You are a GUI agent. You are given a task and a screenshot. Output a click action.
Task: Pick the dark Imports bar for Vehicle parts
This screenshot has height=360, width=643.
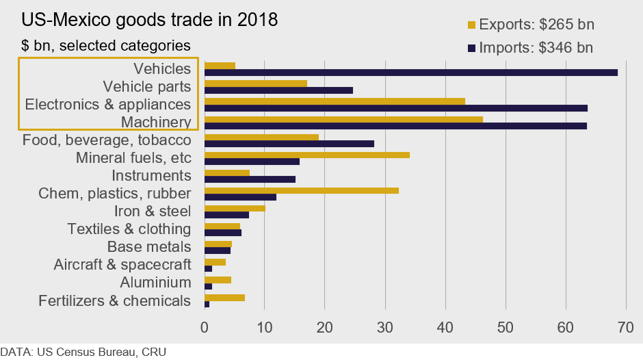[x=278, y=90]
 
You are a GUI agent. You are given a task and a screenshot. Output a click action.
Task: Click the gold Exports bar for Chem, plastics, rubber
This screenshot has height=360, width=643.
[x=302, y=190]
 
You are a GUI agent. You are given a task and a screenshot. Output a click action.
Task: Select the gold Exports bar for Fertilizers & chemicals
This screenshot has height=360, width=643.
[x=224, y=297]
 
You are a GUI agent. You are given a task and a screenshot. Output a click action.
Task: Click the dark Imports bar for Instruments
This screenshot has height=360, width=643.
[x=250, y=179]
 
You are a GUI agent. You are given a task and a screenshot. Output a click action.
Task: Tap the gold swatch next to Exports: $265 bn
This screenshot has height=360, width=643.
[x=471, y=26]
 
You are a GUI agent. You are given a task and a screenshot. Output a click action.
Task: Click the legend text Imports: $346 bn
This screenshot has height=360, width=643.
[x=536, y=48]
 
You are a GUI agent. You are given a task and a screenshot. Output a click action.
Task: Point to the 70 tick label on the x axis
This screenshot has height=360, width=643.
[x=625, y=327]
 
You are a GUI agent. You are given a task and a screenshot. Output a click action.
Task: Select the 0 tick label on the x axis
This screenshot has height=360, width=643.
[x=205, y=327]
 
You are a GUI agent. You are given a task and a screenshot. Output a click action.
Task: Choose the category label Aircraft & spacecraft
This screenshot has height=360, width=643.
[x=122, y=264]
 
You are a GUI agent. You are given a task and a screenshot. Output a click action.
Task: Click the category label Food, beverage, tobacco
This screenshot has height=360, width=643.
[x=106, y=140]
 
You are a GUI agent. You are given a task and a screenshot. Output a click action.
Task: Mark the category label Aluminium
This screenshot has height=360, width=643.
[x=155, y=282]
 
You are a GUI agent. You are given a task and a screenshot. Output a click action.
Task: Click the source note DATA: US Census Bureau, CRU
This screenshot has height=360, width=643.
[x=83, y=352]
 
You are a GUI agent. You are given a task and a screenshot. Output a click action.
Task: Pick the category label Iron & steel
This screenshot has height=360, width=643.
[x=149, y=211]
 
